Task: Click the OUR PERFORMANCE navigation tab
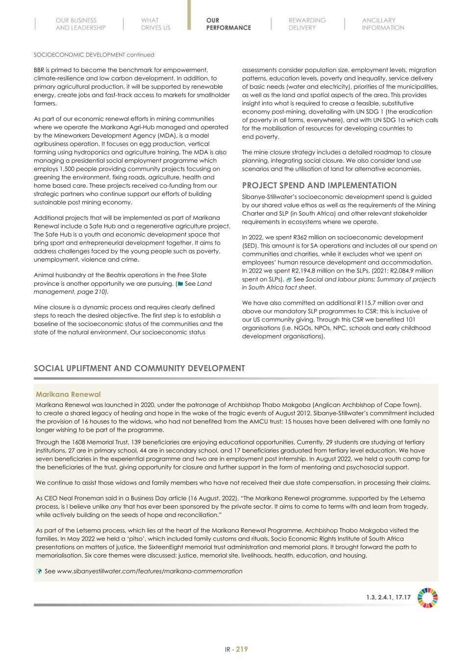click(228, 24)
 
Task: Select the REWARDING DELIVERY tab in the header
click(306, 24)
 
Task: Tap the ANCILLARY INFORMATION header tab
click(383, 24)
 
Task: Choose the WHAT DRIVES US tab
click(155, 24)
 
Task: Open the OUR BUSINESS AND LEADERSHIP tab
click(80, 24)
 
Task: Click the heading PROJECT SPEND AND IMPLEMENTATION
click(319, 185)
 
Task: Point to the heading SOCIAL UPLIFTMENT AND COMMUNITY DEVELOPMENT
click(139, 368)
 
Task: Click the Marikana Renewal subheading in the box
click(68, 394)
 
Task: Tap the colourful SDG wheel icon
click(427, 597)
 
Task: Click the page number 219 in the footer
click(242, 649)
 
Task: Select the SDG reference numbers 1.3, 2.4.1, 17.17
click(388, 597)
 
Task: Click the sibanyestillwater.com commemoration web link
click(149, 571)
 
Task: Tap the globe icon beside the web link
click(39, 571)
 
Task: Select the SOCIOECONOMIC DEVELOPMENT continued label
click(94, 54)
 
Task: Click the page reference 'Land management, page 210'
click(123, 288)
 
